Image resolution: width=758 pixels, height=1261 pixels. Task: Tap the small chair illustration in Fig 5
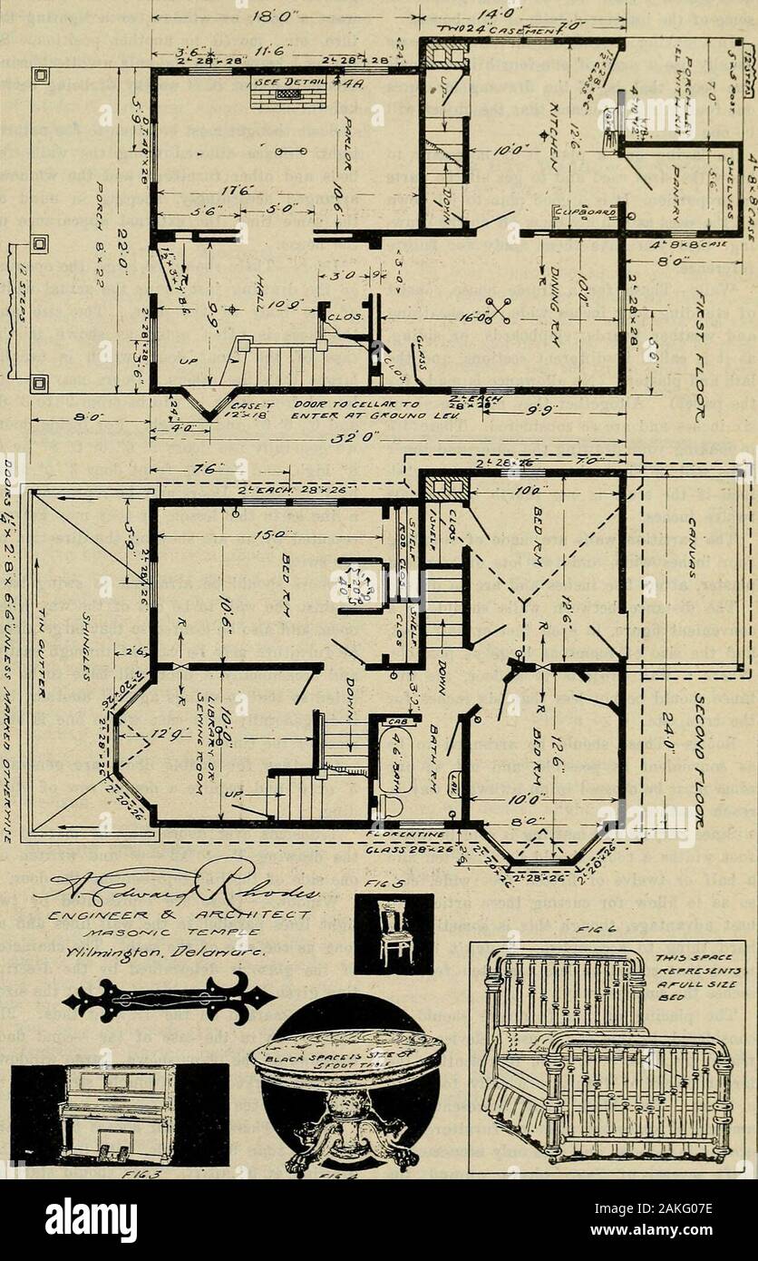pyautogui.click(x=393, y=934)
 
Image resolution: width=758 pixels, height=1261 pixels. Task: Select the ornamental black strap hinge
pyautogui.click(x=169, y=998)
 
